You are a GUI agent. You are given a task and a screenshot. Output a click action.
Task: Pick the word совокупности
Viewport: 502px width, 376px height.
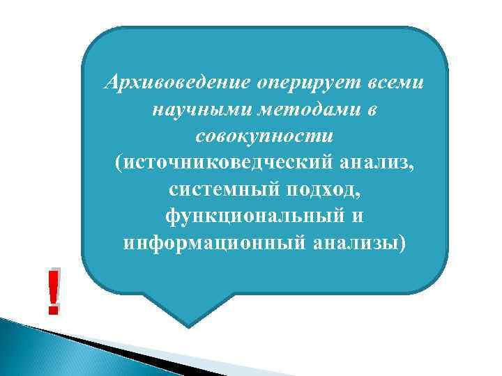(265, 136)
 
